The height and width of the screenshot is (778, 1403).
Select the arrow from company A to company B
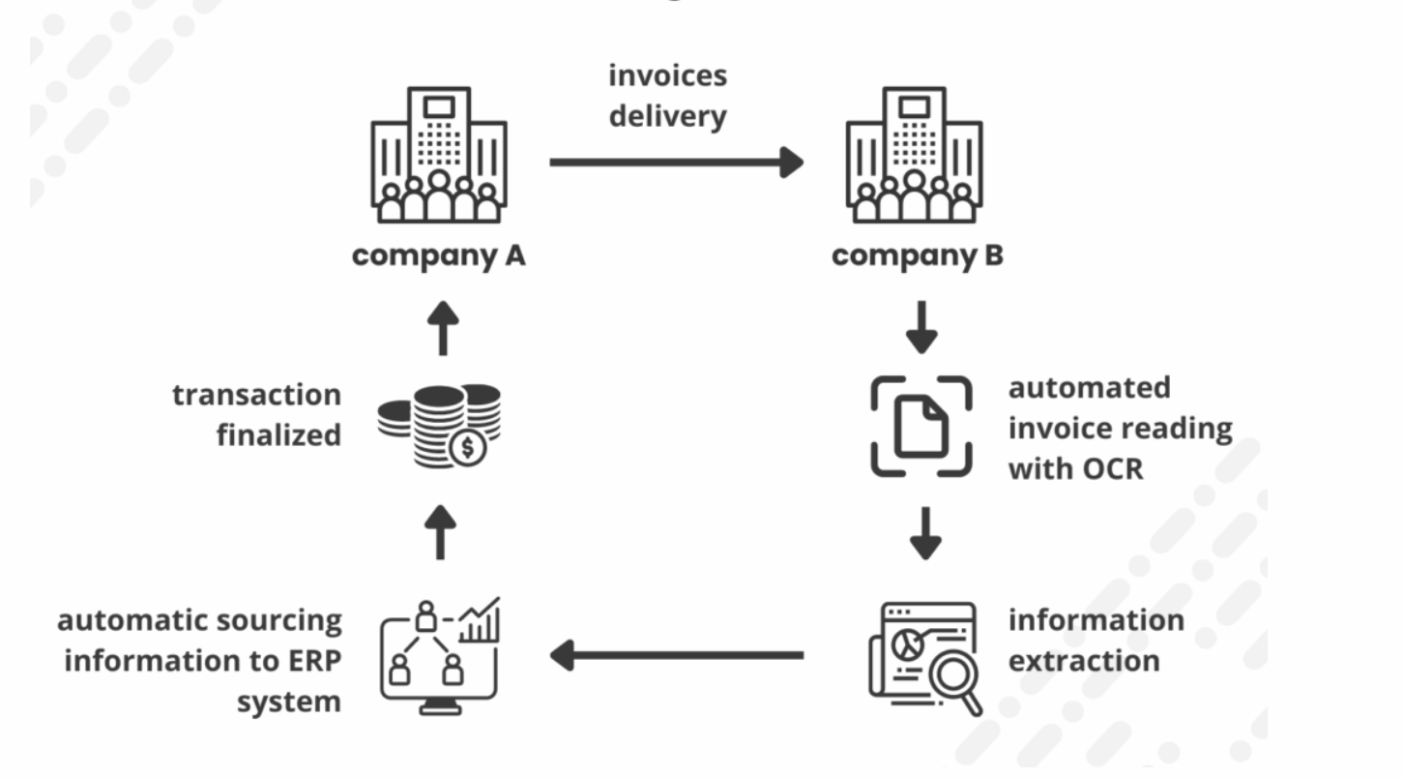pyautogui.click(x=676, y=163)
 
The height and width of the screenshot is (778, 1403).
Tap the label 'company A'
pyautogui.click(x=439, y=256)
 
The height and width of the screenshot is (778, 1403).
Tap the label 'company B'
pyautogui.click(x=917, y=256)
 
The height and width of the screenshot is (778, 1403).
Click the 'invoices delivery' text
pyautogui.click(x=667, y=96)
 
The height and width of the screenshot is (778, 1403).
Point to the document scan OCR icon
pyautogui.click(x=921, y=427)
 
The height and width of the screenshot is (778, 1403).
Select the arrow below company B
pyautogui.click(x=921, y=327)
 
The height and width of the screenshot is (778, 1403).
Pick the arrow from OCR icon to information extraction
pyautogui.click(x=925, y=533)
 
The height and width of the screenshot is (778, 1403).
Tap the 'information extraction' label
pyautogui.click(x=1096, y=641)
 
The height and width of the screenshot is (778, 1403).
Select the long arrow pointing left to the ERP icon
pyautogui.click(x=676, y=655)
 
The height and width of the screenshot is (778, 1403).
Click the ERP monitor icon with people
pyautogui.click(x=440, y=655)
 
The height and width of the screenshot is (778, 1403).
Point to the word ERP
pyautogui.click(x=307, y=661)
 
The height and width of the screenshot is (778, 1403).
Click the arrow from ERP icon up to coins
pyautogui.click(x=440, y=533)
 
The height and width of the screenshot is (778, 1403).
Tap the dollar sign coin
pyautogui.click(x=469, y=448)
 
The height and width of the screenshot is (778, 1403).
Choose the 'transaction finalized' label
pyautogui.click(x=256, y=415)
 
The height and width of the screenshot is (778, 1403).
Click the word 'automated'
pyautogui.click(x=1089, y=387)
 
